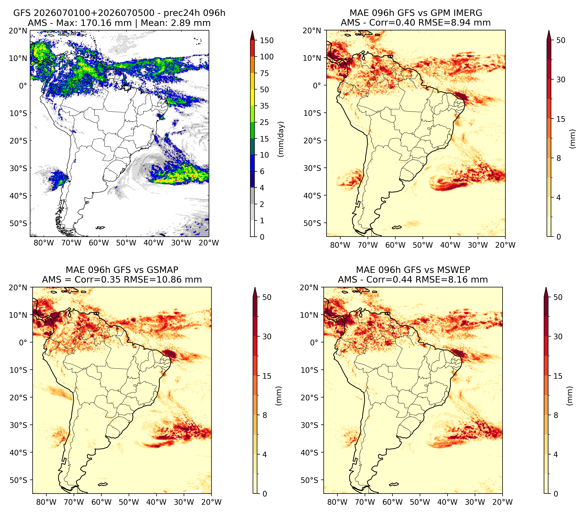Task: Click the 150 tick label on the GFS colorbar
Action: (266, 40)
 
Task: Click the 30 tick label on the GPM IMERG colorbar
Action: (561, 80)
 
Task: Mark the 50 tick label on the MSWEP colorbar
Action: (558, 297)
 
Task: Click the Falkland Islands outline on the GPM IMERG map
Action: (397, 227)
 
